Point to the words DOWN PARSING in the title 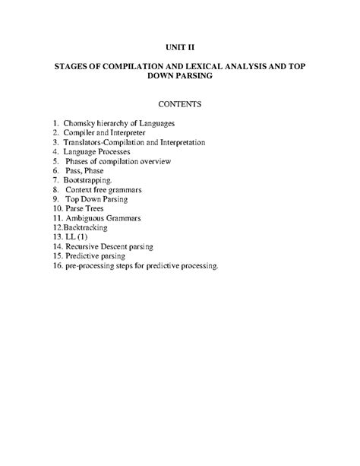click(179, 77)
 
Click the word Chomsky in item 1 click(80, 122)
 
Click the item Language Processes click(99, 151)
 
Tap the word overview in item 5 click(155, 161)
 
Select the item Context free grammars click(105, 189)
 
